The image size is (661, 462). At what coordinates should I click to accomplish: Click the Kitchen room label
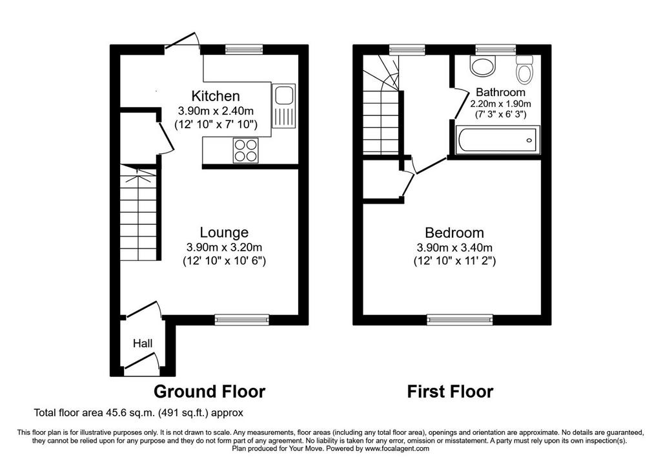point(216,96)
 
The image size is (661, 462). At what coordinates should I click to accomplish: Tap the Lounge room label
point(224,233)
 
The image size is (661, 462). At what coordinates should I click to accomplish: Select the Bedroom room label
point(454,233)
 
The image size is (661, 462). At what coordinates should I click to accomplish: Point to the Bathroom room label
point(500,92)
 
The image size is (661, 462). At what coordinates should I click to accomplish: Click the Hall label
point(143,343)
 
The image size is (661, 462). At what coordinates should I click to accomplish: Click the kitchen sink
point(284,106)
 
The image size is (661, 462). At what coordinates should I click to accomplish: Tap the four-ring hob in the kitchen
point(246,150)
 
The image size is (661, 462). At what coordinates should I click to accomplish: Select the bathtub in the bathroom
point(498,140)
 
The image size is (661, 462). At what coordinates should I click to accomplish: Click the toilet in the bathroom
point(524,69)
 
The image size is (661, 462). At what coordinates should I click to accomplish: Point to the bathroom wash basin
point(483,66)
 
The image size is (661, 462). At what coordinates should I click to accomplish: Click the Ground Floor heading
point(210,392)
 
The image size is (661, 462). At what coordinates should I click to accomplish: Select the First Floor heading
point(450,392)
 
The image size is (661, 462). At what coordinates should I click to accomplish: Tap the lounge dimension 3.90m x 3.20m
point(224,247)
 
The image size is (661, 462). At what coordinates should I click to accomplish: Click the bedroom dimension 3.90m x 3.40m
point(454,248)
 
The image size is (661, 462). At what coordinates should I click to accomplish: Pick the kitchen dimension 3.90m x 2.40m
point(216,111)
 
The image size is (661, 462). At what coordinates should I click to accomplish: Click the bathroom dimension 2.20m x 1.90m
point(500,104)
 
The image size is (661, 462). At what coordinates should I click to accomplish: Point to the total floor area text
point(139,413)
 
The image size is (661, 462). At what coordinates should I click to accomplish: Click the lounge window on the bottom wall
point(242,320)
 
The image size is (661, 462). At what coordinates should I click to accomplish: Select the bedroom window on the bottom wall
point(460,320)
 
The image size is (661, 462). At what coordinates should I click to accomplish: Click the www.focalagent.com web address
point(397,448)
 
